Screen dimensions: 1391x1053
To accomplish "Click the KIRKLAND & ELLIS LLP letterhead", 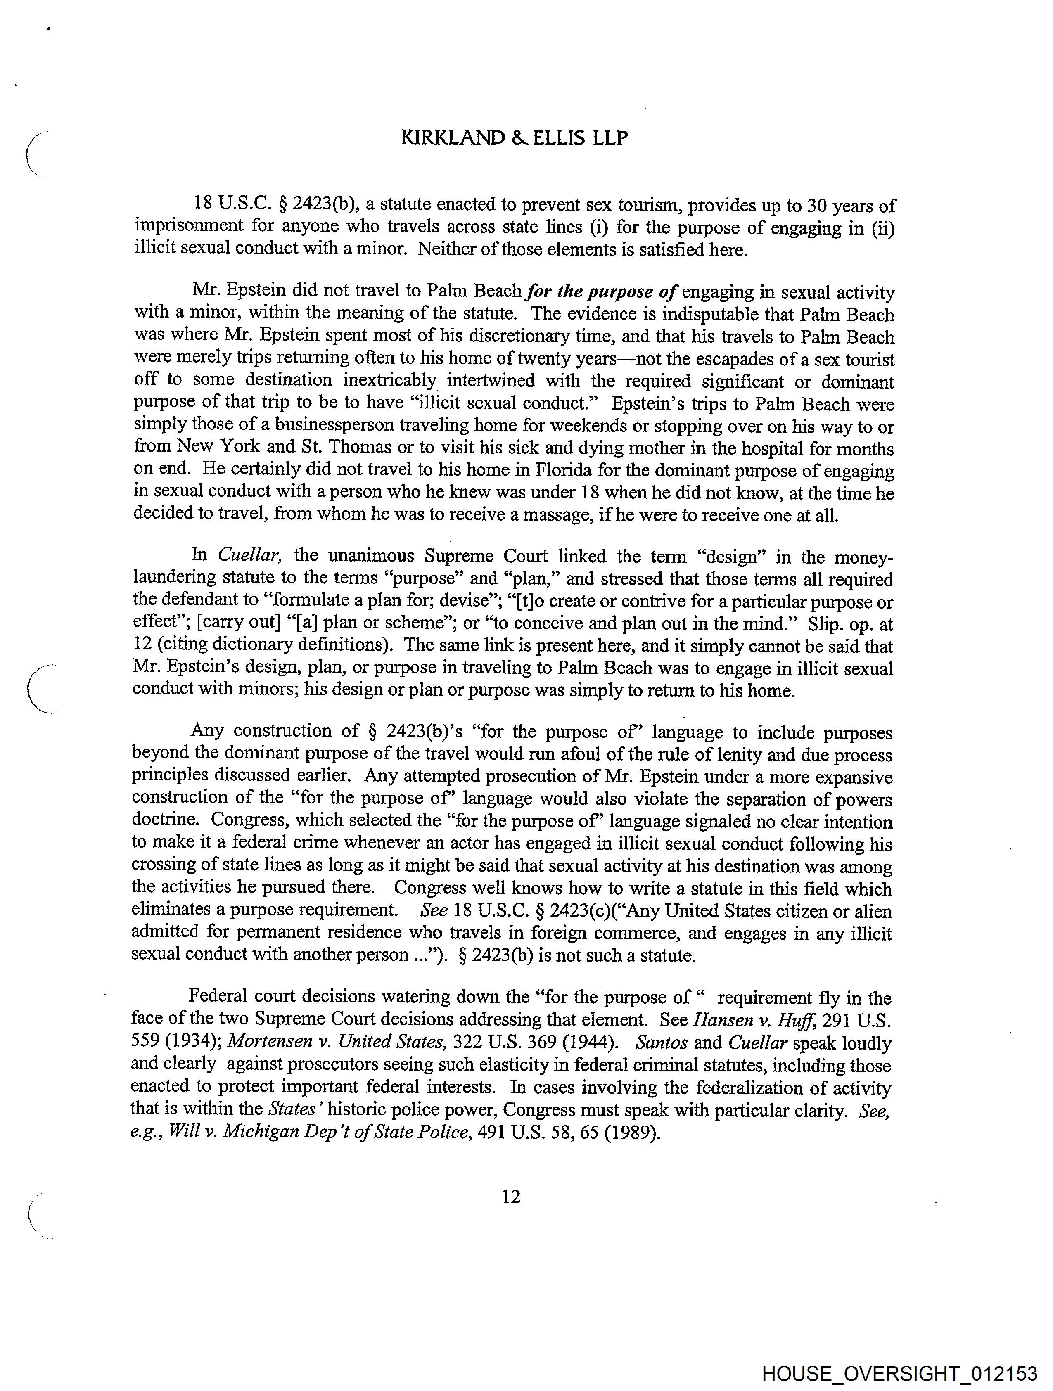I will tap(514, 138).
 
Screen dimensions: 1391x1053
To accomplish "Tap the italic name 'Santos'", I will tap(662, 1042).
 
